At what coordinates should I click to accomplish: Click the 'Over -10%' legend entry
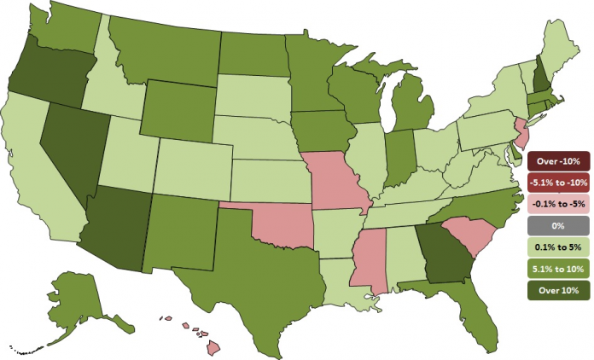coord(559,160)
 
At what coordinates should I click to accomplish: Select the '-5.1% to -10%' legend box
coord(559,182)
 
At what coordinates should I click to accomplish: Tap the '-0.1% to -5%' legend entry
coord(559,203)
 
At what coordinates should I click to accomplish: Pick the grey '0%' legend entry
coord(559,225)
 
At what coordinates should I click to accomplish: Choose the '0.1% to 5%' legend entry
coord(559,247)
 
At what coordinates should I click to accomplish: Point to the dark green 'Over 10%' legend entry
coord(559,290)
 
